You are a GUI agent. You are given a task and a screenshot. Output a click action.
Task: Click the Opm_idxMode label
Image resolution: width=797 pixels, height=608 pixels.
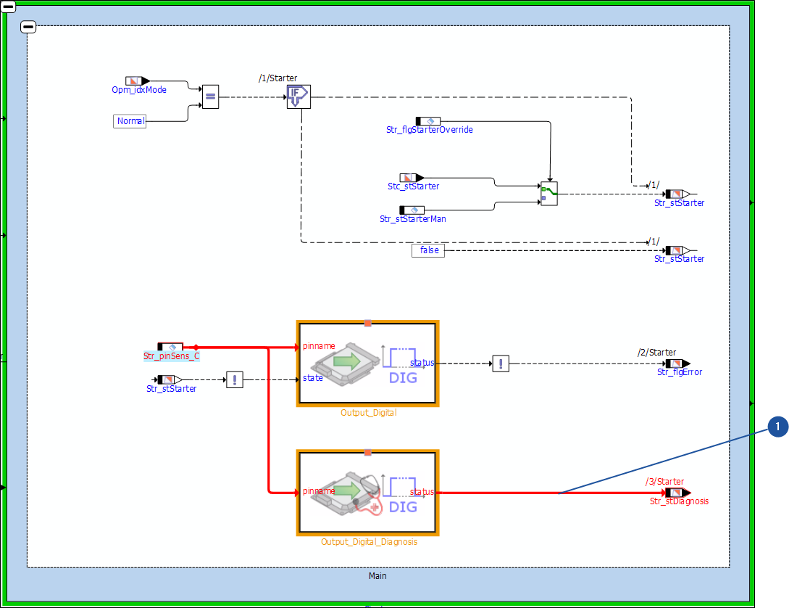[x=139, y=90]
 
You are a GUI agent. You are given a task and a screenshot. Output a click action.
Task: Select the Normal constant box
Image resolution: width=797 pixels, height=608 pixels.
[x=130, y=121]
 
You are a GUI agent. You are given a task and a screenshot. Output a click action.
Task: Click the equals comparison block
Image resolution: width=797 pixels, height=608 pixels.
[x=210, y=96]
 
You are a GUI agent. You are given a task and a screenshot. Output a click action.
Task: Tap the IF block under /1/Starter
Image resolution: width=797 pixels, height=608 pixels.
[x=298, y=96]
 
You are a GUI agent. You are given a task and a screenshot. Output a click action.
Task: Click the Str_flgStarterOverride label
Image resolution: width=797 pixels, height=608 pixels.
[x=430, y=130]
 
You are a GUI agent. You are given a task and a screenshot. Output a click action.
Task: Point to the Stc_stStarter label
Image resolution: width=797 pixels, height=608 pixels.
[x=413, y=186]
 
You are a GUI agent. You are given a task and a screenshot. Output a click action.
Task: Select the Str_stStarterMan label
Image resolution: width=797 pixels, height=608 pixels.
[x=413, y=218]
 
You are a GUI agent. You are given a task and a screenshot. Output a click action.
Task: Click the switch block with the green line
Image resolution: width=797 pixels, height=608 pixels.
[x=549, y=194]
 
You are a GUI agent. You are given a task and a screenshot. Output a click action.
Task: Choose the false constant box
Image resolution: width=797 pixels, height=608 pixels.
[x=429, y=250]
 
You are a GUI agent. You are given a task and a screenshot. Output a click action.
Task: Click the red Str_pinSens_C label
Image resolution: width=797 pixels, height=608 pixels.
[x=171, y=356]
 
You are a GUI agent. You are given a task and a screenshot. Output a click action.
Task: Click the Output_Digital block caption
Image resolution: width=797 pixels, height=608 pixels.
[x=368, y=413]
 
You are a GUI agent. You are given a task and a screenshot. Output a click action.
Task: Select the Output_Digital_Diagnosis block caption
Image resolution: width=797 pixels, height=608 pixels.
[x=369, y=541]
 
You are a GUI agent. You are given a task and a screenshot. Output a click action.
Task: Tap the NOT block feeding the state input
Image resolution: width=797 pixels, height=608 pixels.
[x=234, y=379]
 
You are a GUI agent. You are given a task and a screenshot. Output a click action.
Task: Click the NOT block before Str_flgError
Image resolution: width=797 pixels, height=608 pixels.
[x=501, y=363]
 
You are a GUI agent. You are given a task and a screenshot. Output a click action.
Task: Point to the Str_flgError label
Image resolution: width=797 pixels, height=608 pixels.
[x=680, y=372]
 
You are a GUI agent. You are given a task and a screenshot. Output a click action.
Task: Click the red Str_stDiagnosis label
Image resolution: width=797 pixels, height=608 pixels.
[x=679, y=501]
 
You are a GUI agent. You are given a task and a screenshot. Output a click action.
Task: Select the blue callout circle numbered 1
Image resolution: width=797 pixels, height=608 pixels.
[x=777, y=428]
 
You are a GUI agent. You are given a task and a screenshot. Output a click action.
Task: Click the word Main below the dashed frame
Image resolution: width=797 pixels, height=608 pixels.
[x=377, y=576]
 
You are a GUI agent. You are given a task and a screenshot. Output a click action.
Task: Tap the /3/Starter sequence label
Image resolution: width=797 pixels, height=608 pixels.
[x=664, y=481]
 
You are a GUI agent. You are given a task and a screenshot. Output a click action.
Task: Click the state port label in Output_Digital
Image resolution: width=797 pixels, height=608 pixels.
[x=313, y=378]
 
